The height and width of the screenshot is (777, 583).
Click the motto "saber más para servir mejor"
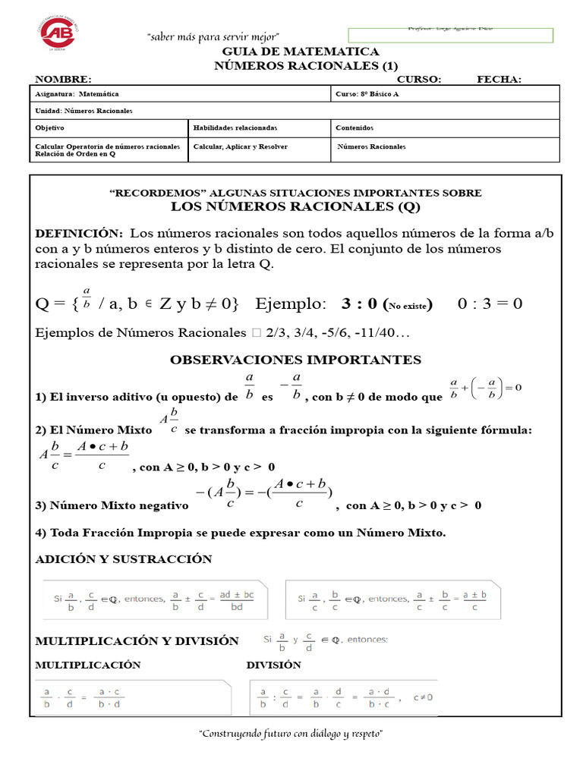(x=213, y=37)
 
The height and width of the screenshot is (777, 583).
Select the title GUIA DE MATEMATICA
(x=300, y=52)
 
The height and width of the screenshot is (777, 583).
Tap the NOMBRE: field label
(x=63, y=80)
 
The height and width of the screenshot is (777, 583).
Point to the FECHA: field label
(x=499, y=80)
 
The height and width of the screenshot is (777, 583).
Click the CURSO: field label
(x=418, y=80)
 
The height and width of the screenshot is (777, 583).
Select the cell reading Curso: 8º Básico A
(x=367, y=94)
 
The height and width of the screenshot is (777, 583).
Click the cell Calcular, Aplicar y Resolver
(x=241, y=146)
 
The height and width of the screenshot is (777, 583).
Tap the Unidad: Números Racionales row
(x=84, y=111)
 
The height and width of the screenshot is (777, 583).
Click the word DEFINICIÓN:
(x=79, y=232)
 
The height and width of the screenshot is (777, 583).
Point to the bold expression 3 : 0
(x=360, y=304)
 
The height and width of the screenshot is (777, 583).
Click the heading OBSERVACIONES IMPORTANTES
(x=295, y=360)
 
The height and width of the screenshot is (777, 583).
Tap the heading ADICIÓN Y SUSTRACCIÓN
(x=124, y=559)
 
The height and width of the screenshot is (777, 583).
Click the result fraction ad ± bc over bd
(x=237, y=600)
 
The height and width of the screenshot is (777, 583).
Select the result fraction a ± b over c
(x=475, y=600)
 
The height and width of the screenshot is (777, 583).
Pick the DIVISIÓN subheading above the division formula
(x=273, y=665)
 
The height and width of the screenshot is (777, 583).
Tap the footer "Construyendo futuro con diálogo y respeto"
(x=290, y=735)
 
